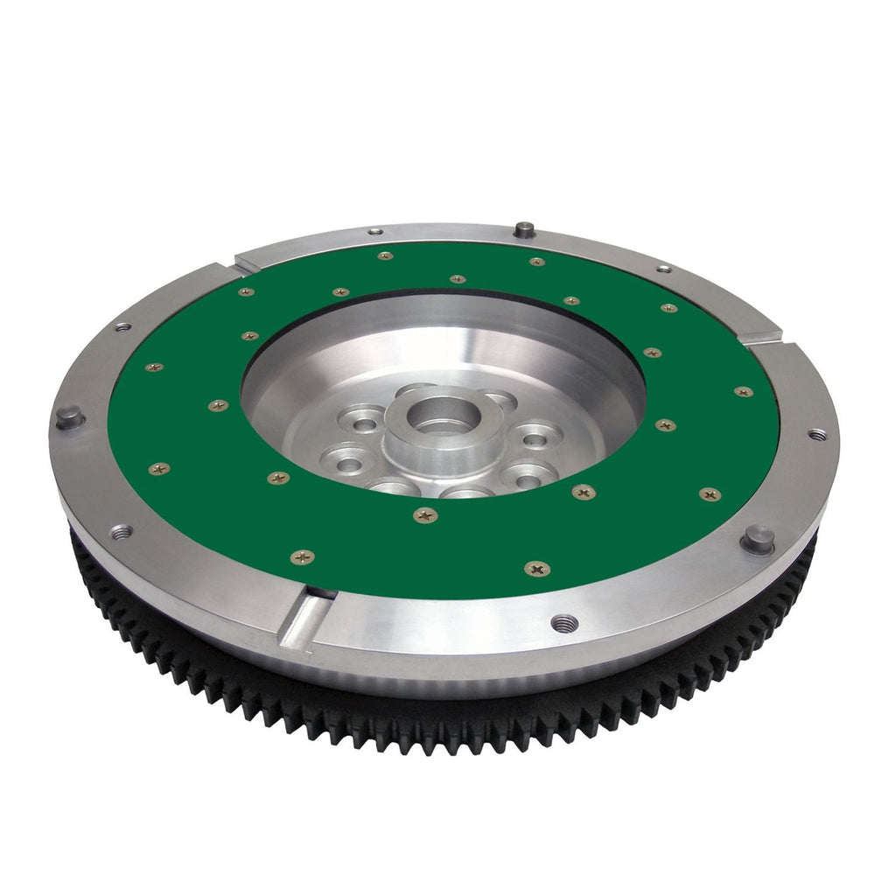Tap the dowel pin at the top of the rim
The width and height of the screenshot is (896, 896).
point(524,230)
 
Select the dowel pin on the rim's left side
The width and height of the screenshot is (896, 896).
point(69,417)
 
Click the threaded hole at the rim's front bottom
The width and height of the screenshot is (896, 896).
point(564,623)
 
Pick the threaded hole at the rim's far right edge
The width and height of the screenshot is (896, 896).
point(815,434)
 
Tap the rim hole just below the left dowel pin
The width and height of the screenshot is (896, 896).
point(120,531)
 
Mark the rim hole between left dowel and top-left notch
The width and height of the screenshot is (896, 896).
point(122,326)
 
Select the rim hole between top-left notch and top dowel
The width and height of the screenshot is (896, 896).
point(374,231)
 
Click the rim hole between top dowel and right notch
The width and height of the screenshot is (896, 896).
point(663,268)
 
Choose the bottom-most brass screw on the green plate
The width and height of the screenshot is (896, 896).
point(536,569)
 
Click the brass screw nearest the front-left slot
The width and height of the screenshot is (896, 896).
point(302,556)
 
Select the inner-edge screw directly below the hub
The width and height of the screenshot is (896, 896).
point(425,515)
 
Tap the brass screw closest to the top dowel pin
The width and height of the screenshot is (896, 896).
point(536,262)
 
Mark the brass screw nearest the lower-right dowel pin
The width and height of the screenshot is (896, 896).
point(710,494)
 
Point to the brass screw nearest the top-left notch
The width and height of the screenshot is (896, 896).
point(245,291)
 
